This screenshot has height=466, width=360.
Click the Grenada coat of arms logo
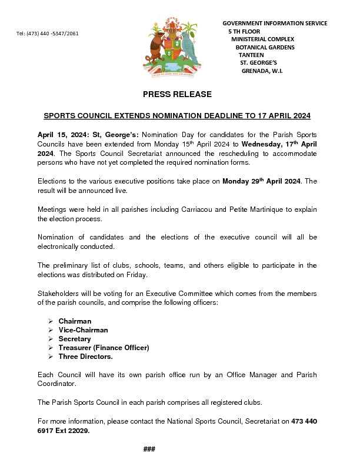(x=171, y=47)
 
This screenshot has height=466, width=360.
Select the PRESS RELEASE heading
(x=177, y=94)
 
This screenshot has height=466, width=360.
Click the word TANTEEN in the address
(x=251, y=55)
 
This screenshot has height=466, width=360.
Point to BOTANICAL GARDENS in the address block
(x=265, y=47)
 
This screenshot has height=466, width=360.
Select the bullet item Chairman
(x=75, y=321)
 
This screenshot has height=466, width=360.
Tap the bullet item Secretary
(x=75, y=339)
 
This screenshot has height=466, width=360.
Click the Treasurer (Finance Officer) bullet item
(x=104, y=348)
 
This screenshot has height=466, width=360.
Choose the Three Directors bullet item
(x=85, y=357)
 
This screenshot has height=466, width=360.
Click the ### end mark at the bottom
(x=149, y=450)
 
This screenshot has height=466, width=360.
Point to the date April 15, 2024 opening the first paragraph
(x=62, y=135)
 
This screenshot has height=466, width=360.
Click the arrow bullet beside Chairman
(x=50, y=321)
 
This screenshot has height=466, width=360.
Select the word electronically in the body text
(x=59, y=247)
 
